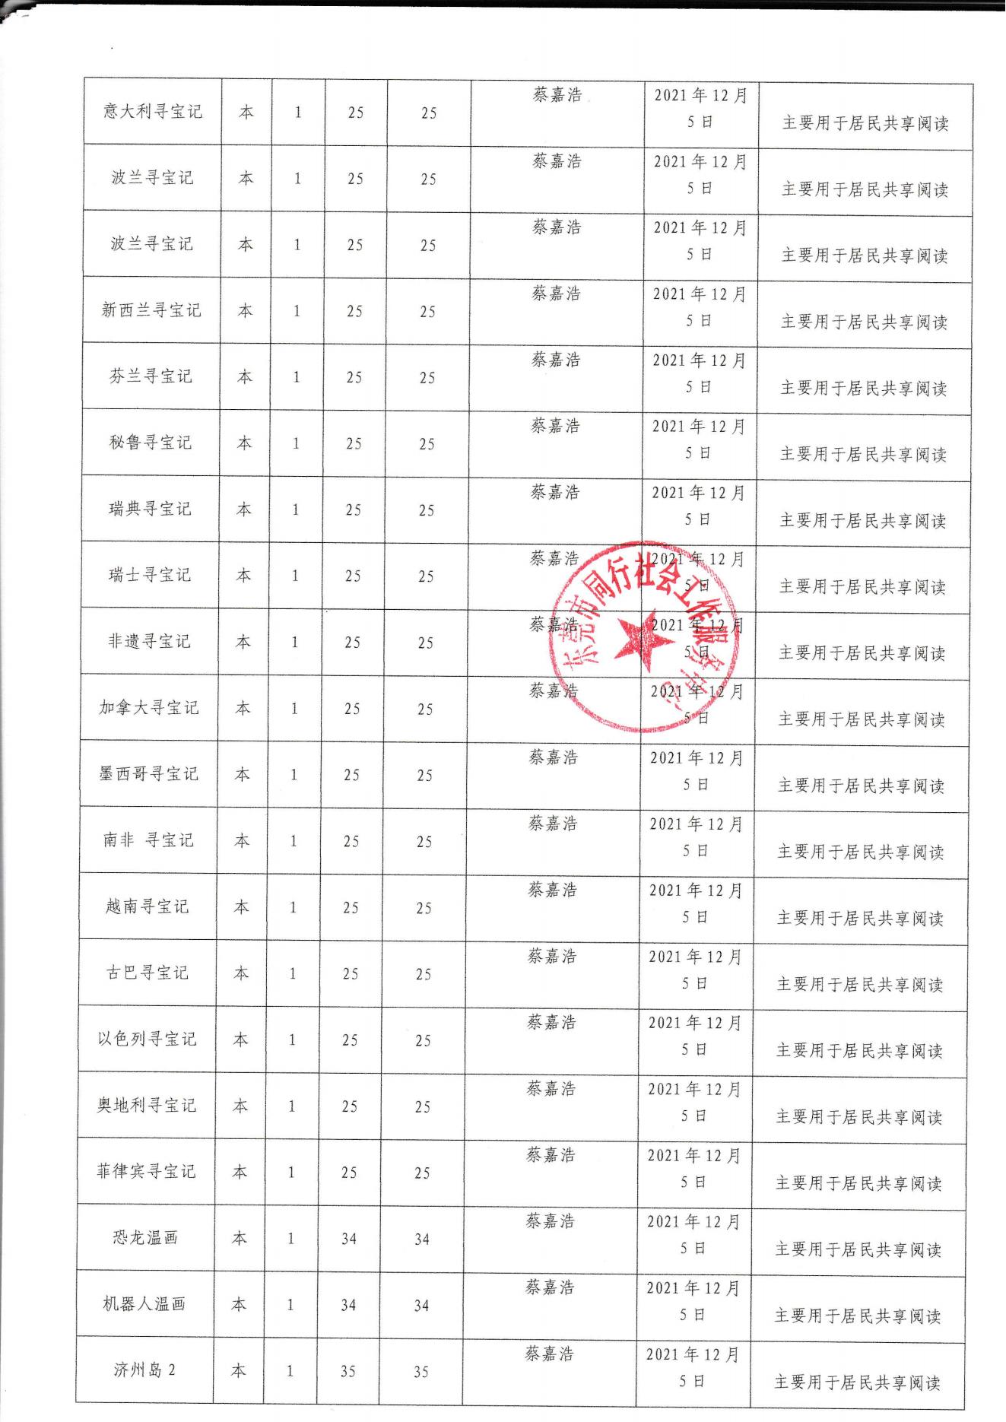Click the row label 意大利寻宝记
coord(153,112)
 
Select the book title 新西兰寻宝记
coord(151,310)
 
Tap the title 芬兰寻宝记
coord(151,376)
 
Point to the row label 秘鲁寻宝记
coord(151,443)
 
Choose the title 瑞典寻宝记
coord(150,509)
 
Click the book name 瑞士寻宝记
coord(150,575)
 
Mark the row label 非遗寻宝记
coord(149,642)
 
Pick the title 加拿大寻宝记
coord(149,708)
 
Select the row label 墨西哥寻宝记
coord(148,774)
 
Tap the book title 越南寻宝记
coord(148,906)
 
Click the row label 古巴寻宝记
coord(147,973)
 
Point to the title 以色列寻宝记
coord(147,1039)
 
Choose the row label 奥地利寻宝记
coord(146,1105)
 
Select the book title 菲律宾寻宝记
coord(146,1171)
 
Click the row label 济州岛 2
coord(144,1370)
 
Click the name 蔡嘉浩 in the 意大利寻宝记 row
coord(557,95)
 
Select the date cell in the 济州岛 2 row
coord(693,1367)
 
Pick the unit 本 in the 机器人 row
coord(239,1304)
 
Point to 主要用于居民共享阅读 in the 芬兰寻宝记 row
coord(864,389)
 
